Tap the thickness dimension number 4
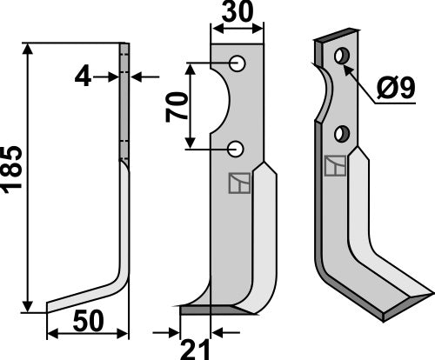83,77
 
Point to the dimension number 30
237,16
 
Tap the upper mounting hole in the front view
236,63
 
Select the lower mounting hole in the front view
236,149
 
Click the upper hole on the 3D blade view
342,57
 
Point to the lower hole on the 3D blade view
342,133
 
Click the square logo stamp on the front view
238,183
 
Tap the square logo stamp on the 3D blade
333,164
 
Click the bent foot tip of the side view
54,305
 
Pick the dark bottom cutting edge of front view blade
213,309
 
